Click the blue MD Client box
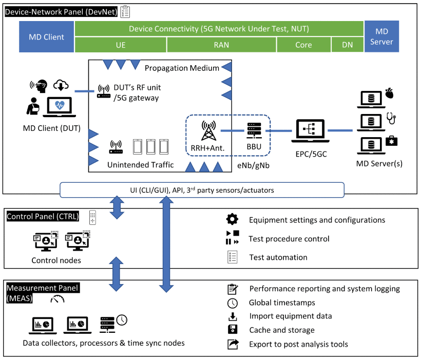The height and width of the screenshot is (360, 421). coord(46,36)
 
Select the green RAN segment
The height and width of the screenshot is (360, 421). coord(221,45)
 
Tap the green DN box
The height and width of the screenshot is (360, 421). coord(348,45)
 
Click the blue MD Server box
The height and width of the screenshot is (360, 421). coord(381,36)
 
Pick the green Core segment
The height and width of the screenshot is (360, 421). coord(303,45)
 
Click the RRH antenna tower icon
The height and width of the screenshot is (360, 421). coord(208,130)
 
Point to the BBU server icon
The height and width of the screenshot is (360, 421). coord(254,130)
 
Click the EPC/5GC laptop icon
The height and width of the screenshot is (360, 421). coord(311,131)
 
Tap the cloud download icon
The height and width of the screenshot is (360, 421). coord(61,85)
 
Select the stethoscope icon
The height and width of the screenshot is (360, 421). coord(391,118)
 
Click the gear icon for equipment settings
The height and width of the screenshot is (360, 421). coord(232,219)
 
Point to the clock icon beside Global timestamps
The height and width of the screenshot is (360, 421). coord(233,303)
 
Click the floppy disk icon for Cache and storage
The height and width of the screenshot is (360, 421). coord(233,329)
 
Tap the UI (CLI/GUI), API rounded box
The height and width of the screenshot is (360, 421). coord(202,190)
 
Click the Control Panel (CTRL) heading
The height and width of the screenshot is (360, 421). coord(43,216)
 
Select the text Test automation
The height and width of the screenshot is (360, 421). coord(278,257)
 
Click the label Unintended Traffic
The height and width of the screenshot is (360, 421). coord(141,165)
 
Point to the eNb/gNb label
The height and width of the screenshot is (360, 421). coord(253,165)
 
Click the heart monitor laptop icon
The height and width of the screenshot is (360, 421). coord(60,107)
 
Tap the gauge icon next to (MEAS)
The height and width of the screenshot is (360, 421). coord(57,299)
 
